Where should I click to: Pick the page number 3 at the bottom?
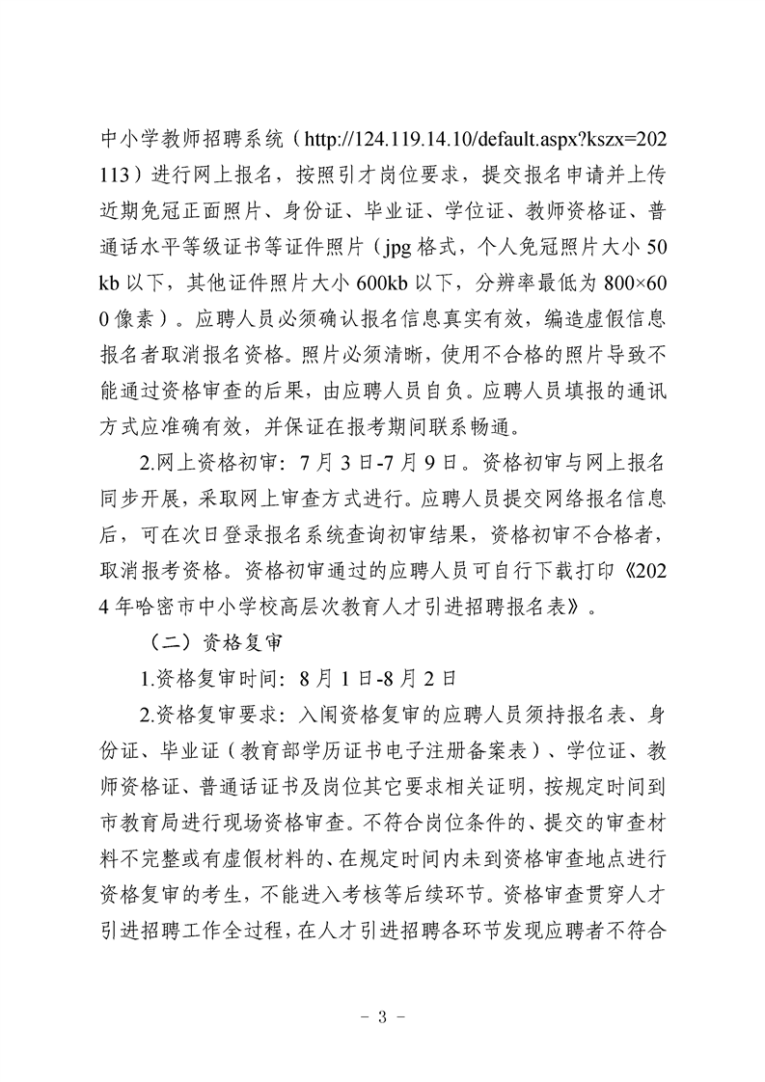[x=382, y=1014]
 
